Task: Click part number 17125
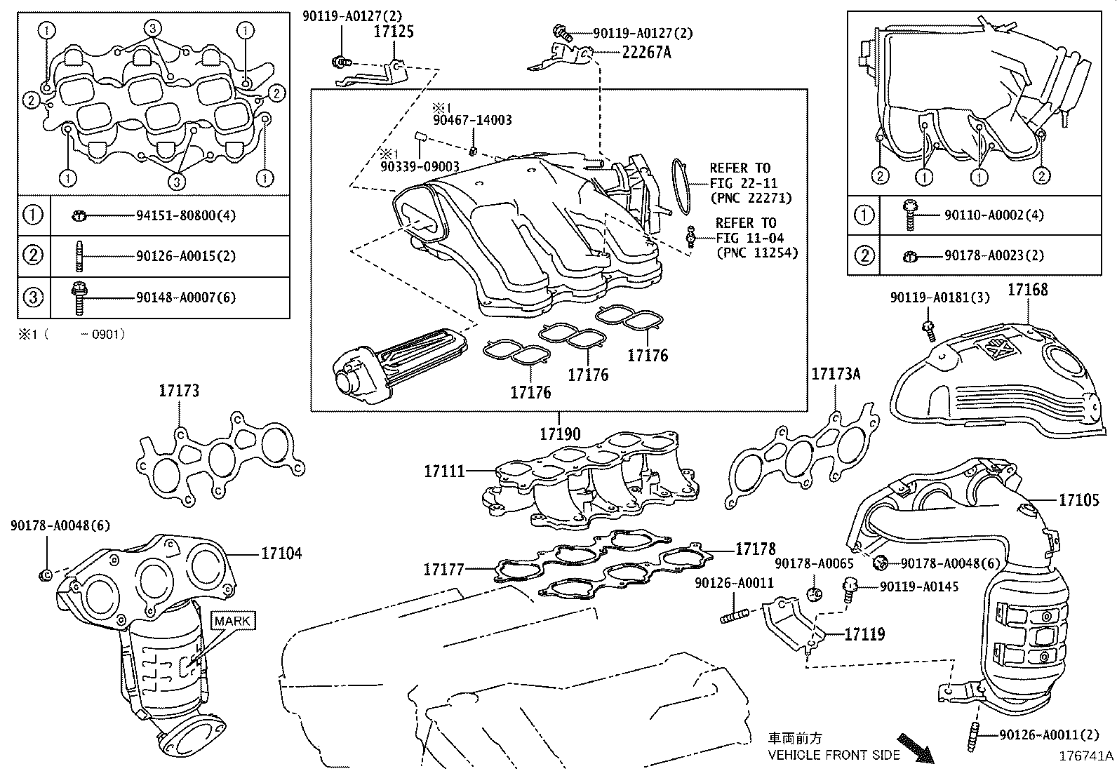point(394,32)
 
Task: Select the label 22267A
point(647,53)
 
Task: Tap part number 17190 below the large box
point(560,434)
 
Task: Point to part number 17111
point(444,471)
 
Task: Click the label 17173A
point(836,373)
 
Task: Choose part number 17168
point(1028,289)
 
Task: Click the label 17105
point(1079,500)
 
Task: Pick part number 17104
point(282,553)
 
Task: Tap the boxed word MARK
point(232,621)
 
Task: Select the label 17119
point(864,634)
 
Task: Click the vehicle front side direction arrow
point(916,748)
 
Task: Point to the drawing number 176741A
point(1085,756)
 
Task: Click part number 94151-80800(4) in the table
point(186,215)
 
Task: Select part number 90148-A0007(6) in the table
point(186,297)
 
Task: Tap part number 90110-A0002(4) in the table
point(994,215)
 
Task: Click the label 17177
point(444,569)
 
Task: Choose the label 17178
point(756,549)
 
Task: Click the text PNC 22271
point(751,198)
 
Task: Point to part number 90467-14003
point(472,120)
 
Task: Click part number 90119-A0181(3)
point(940,297)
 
